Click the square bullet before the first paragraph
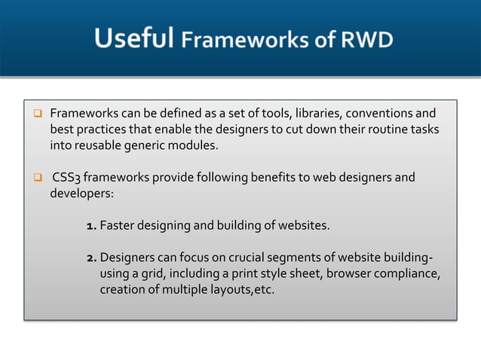[x=35, y=114]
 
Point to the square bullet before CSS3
[x=35, y=178]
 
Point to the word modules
[x=193, y=145]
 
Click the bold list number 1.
[x=90, y=225]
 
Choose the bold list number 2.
[x=90, y=257]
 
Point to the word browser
[x=348, y=273]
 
